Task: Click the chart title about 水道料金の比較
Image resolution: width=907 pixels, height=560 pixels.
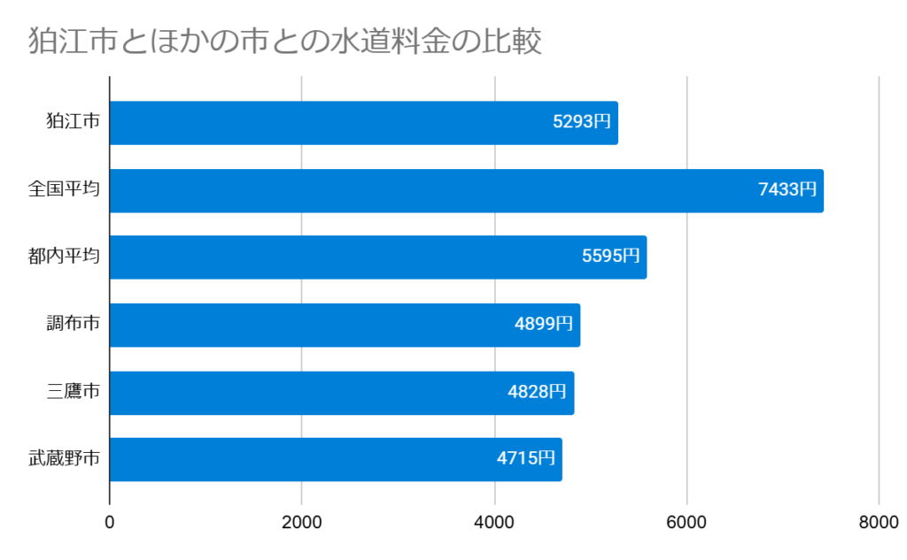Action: point(285,42)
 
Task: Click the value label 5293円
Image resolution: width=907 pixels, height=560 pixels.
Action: point(582,123)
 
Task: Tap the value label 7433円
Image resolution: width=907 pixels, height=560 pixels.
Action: point(787,189)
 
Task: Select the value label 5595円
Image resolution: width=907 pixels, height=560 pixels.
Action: point(610,257)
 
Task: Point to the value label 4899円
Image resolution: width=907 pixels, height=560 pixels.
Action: point(544,324)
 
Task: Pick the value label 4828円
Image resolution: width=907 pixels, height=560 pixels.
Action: point(538,392)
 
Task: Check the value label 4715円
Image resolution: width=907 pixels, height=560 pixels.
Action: point(526,459)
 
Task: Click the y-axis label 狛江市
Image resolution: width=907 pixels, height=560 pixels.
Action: point(73,123)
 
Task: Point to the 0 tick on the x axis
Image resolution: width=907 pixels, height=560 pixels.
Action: point(110,523)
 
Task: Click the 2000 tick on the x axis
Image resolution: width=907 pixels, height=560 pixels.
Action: point(302,523)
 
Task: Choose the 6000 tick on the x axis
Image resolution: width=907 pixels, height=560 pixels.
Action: point(686,523)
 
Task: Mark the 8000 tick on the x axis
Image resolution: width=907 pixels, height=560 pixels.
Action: point(879,523)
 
